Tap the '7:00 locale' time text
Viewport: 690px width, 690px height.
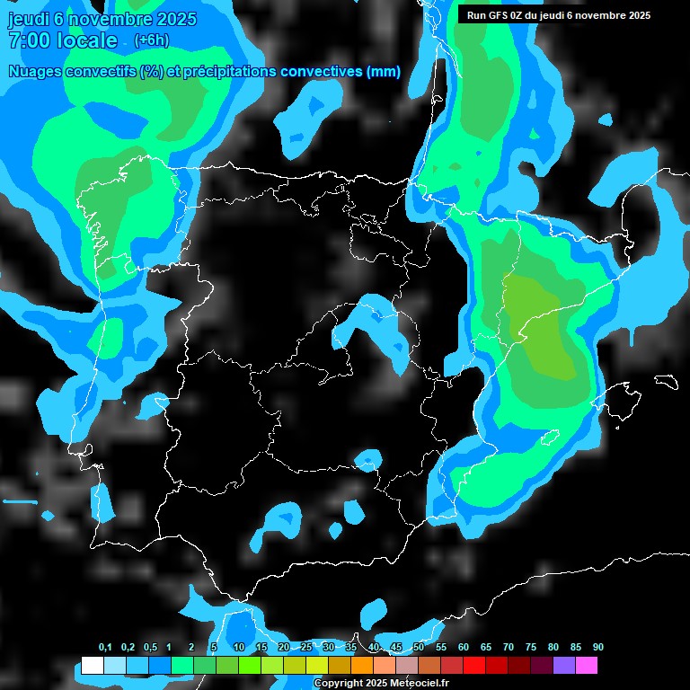point(62,40)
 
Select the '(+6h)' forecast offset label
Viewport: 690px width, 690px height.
point(151,40)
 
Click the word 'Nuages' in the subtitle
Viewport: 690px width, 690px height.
point(36,72)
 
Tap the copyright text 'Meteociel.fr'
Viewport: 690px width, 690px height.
point(420,684)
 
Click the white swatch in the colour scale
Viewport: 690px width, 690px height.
point(92,666)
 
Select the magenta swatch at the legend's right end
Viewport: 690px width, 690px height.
point(586,666)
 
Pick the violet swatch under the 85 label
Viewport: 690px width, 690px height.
point(563,666)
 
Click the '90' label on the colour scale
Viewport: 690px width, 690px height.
point(598,648)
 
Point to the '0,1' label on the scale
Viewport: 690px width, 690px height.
point(105,648)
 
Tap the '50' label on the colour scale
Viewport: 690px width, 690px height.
point(419,648)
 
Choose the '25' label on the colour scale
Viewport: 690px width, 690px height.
point(306,648)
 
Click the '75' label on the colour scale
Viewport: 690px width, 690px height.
point(531,648)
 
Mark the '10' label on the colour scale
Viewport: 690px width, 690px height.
point(239,648)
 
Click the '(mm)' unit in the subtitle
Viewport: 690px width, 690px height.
point(384,72)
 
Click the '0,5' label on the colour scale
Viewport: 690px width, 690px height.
point(150,648)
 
